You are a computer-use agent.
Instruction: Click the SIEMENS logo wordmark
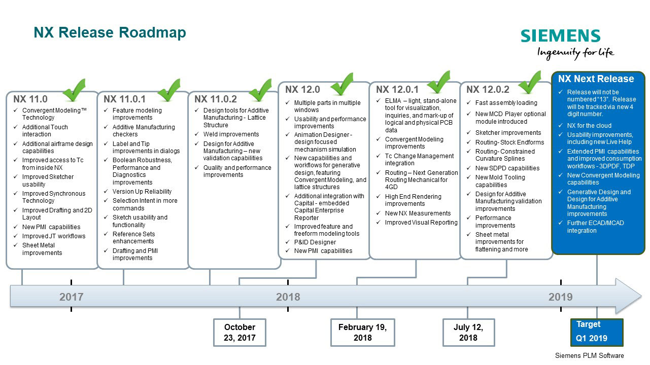560,35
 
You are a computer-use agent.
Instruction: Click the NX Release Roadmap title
110,32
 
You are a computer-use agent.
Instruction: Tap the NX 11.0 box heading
30,99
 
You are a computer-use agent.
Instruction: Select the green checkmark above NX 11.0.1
169,90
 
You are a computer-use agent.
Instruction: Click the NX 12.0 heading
302,90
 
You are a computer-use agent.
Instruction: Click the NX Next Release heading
596,79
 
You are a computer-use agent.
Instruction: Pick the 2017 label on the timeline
72,297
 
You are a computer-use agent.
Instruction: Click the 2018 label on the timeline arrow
288,297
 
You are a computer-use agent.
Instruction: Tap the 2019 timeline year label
560,297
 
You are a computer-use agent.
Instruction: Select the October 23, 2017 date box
240,333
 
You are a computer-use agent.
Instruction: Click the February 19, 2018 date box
363,333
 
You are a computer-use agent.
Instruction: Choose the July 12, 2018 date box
469,333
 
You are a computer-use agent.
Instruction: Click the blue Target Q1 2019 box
597,332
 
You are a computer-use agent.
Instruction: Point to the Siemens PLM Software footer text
589,356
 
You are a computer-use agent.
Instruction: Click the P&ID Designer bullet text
315,242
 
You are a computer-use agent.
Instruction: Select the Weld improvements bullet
231,134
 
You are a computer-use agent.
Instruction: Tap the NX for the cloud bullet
589,126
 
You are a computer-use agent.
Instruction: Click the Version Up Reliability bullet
142,192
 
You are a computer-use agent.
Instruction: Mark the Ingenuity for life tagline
576,53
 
